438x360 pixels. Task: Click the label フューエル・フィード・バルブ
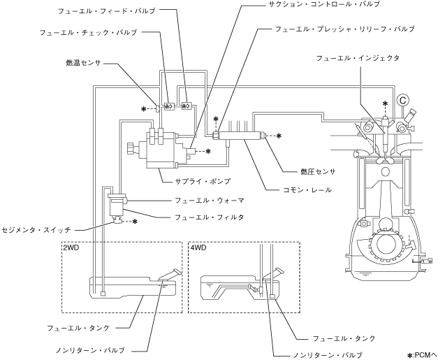click(106, 11)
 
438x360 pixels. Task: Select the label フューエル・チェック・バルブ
click(88, 32)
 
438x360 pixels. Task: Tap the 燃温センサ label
click(83, 63)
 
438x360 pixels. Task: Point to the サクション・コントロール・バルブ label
click(323, 4)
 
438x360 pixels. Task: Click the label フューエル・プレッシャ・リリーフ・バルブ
click(344, 29)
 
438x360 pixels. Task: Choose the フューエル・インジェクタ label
click(358, 58)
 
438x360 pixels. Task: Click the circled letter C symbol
click(402, 100)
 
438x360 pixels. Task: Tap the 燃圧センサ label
click(318, 172)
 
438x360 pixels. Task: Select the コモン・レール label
click(307, 190)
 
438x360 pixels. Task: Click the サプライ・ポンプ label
click(203, 181)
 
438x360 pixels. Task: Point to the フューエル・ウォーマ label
click(210, 201)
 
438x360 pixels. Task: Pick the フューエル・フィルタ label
click(210, 217)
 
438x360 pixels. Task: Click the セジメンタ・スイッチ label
click(36, 230)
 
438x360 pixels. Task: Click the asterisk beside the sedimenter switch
click(135, 222)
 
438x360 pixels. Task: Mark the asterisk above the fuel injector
click(385, 103)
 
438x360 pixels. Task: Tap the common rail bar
click(240, 136)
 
